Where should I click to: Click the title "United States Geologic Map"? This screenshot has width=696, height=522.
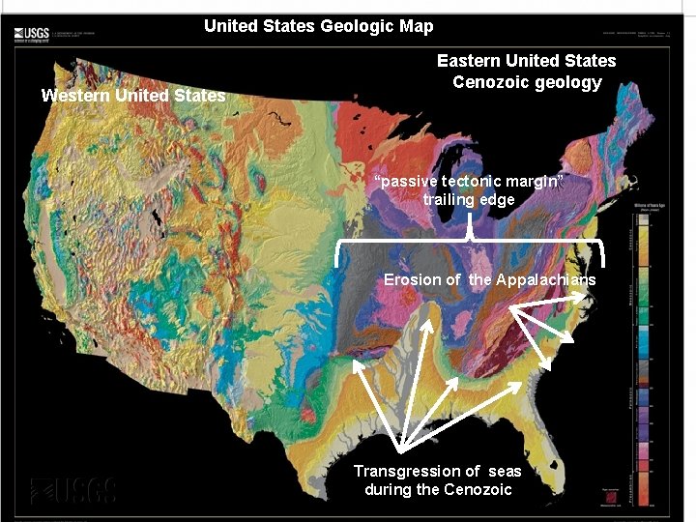tap(318, 26)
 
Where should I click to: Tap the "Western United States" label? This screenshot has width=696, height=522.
tap(132, 96)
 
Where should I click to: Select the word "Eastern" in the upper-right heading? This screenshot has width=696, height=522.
tap(469, 61)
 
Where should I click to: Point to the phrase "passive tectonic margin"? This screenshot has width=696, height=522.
tap(468, 181)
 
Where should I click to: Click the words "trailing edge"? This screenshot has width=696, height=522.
tap(468, 199)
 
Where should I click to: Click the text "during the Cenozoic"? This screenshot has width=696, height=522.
tap(438, 489)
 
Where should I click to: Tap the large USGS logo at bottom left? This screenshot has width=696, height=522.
tap(72, 490)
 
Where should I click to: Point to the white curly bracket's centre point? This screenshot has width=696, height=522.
tap(469, 236)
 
